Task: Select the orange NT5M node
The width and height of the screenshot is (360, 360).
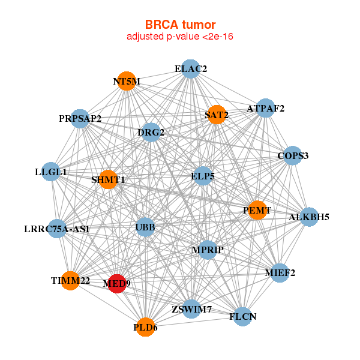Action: pos(127,81)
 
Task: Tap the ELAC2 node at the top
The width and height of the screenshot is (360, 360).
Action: pos(190,69)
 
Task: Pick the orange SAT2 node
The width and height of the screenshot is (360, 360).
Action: pos(216,114)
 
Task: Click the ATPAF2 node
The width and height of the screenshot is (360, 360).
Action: pos(265,108)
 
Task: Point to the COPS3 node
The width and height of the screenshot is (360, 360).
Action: pos(292,156)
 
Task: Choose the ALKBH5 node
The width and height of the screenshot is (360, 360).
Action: pos(308,217)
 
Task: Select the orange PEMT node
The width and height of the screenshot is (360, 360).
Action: pos(257,210)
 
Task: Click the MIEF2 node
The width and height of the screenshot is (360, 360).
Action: pos(280,273)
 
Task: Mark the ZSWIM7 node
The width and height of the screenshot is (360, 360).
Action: pos(191,310)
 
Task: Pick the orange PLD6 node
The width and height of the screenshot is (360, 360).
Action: pos(145,327)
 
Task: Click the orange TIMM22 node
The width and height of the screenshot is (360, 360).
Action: pos(70,280)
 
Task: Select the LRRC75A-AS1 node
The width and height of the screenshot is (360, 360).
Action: pos(57,229)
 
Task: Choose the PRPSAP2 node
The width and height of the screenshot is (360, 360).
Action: pos(80,118)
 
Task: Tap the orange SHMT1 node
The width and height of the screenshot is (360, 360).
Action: pos(108,179)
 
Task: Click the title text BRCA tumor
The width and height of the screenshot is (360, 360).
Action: pos(180,25)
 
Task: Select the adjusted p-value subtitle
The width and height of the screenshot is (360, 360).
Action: pos(180,37)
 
